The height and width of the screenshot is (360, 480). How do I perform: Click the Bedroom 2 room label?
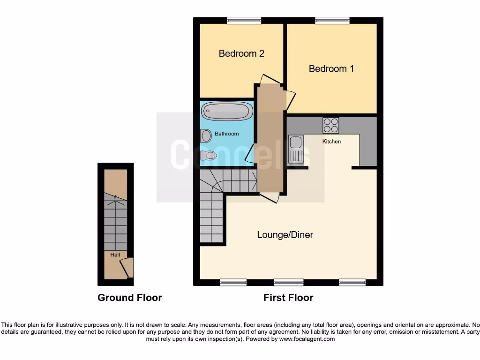click(x=241, y=53)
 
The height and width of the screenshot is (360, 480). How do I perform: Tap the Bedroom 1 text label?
click(x=331, y=69)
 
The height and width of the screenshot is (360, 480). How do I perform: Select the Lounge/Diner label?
click(x=285, y=235)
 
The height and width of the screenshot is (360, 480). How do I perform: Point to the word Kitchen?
click(x=331, y=141)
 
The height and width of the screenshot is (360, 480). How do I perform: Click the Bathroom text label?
click(x=226, y=134)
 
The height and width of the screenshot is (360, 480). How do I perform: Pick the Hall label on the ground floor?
click(x=115, y=255)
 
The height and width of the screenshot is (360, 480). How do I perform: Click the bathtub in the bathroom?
click(x=227, y=112)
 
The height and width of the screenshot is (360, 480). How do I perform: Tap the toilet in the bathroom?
click(x=210, y=155)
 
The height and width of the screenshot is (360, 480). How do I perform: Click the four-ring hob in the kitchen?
click(x=330, y=125)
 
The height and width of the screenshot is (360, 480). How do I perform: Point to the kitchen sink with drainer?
click(x=296, y=150)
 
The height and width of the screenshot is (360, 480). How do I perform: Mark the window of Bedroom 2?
click(x=244, y=20)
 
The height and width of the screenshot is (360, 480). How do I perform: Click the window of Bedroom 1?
click(x=332, y=20)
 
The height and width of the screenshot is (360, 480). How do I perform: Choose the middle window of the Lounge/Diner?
click(x=288, y=282)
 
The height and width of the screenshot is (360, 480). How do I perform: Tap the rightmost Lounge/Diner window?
click(x=352, y=282)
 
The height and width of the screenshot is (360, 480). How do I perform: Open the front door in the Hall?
click(x=126, y=268)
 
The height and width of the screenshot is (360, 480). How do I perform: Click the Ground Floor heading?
click(x=129, y=298)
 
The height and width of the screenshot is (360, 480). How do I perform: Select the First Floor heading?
click(x=288, y=298)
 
